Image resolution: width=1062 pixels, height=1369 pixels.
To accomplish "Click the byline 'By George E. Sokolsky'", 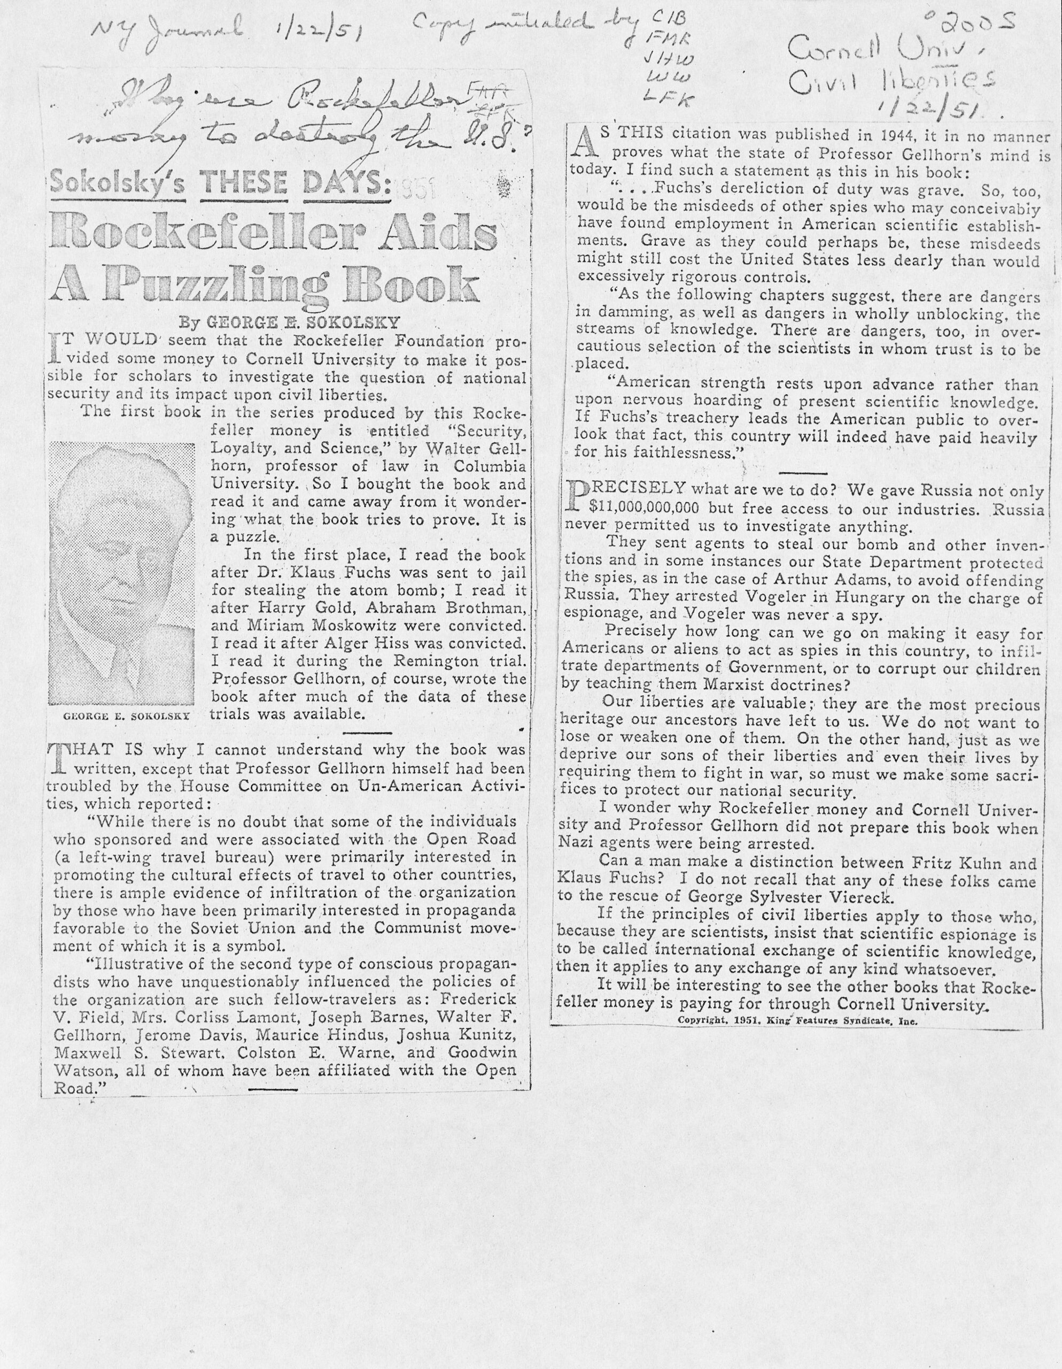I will point(289,324).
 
